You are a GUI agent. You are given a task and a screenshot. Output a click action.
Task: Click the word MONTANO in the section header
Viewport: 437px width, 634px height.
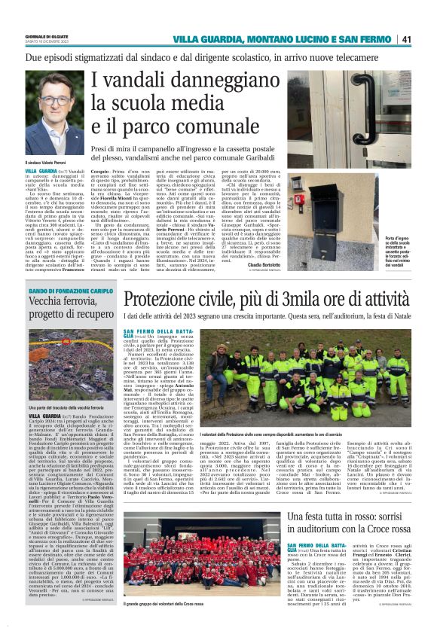click(271, 39)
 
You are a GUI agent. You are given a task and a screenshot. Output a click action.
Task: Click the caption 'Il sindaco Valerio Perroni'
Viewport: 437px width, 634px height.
click(47, 162)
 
